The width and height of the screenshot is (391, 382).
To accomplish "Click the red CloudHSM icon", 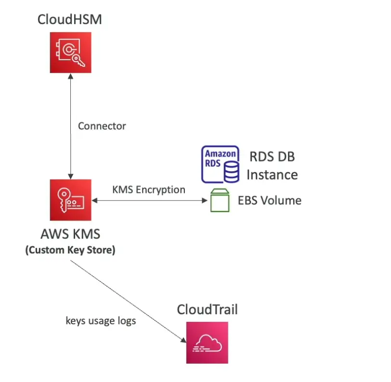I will pos(70,52).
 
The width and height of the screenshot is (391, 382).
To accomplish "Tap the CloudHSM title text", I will pos(70,20).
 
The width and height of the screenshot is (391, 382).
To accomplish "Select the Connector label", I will pos(102,127).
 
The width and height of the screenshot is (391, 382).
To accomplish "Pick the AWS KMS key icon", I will pos(70,200).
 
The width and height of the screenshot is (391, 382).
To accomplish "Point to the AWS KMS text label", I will pos(70,234).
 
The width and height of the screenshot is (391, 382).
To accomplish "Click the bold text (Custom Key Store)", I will pos(70,251).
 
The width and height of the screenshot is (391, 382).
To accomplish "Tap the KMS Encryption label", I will pos(149,190).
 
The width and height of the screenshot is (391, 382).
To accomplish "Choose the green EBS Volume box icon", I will pos(220,201).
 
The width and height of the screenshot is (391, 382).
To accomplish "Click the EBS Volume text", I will pos(270,201).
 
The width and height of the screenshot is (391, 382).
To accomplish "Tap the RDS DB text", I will pos(272,156).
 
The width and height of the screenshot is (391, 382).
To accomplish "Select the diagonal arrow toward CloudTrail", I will pos(128,301).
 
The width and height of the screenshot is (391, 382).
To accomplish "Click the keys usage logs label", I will pos(101,320).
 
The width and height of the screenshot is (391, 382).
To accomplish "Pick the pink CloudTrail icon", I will pos(207,342).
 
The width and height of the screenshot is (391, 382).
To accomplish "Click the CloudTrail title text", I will pos(207,309).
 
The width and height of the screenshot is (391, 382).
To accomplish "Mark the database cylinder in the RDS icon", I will pos(231,171).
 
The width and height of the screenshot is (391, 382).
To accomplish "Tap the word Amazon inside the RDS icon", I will pos(221,154).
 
